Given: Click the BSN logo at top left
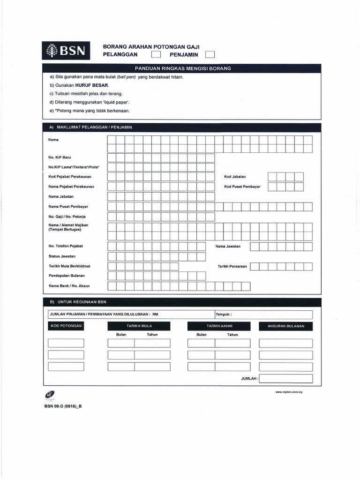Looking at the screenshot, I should [x=66, y=51].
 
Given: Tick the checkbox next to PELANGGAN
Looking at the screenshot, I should [x=155, y=55].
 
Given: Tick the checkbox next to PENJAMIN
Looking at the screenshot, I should [x=210, y=55].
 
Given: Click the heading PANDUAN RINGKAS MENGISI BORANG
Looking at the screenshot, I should [x=182, y=68].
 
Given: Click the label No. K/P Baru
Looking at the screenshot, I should [x=60, y=157].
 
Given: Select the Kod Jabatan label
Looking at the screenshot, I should [x=235, y=177].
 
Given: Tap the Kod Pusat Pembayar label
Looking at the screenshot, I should [x=242, y=187].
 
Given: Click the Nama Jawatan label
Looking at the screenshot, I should [x=228, y=246].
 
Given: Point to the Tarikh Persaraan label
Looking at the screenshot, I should [x=232, y=266].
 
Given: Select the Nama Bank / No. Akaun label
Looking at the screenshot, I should [x=69, y=285].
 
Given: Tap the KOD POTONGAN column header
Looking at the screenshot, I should [x=66, y=326].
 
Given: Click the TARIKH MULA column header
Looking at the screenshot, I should [x=139, y=326].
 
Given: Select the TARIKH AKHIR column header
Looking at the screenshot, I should [x=219, y=326].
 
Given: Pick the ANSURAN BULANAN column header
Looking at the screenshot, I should [x=285, y=326].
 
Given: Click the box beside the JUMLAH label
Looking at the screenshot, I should [x=285, y=378].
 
